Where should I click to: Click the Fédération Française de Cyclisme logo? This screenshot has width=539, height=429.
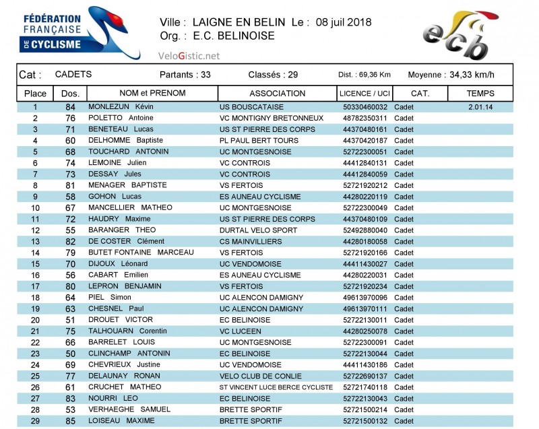80,34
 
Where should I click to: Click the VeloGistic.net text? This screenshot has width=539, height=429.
189,56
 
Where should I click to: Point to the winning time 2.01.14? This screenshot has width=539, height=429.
480,107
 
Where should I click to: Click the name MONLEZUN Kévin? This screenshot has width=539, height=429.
121,107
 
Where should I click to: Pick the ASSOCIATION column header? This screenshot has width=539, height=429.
277,94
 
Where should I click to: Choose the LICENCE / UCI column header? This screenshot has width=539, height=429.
364,94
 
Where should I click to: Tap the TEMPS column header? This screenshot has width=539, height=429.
480,94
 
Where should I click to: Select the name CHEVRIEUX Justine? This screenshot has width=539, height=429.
125,364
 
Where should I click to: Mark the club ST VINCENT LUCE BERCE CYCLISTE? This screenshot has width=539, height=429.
276,387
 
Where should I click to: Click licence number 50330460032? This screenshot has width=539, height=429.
364,107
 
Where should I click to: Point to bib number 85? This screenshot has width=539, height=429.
70,421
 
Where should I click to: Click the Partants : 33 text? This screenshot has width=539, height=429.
185,75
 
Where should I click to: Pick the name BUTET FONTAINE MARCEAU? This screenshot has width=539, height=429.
141,253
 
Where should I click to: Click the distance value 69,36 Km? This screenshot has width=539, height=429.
374,75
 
